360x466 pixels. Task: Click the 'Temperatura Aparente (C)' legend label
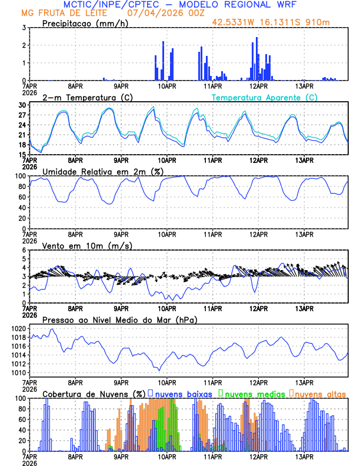[265, 97]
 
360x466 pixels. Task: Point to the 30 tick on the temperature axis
[21, 105]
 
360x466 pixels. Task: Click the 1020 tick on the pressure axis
[19, 328]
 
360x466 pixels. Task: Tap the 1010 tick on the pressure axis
[19, 372]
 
